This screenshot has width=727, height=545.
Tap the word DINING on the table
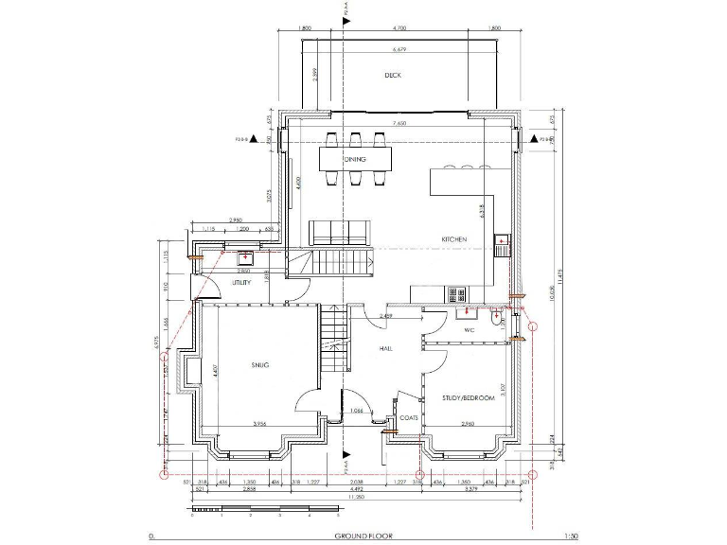tap(354, 159)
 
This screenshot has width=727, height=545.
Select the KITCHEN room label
tap(452, 240)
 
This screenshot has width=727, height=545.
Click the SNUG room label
tap(260, 364)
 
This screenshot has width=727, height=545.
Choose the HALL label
tap(386, 348)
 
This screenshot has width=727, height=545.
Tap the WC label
tap(469, 330)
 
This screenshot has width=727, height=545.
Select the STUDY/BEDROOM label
tap(468, 398)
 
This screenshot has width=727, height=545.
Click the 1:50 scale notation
tap(569, 536)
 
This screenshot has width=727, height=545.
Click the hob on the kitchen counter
tap(453, 294)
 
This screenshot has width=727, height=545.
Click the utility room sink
tap(244, 255)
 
